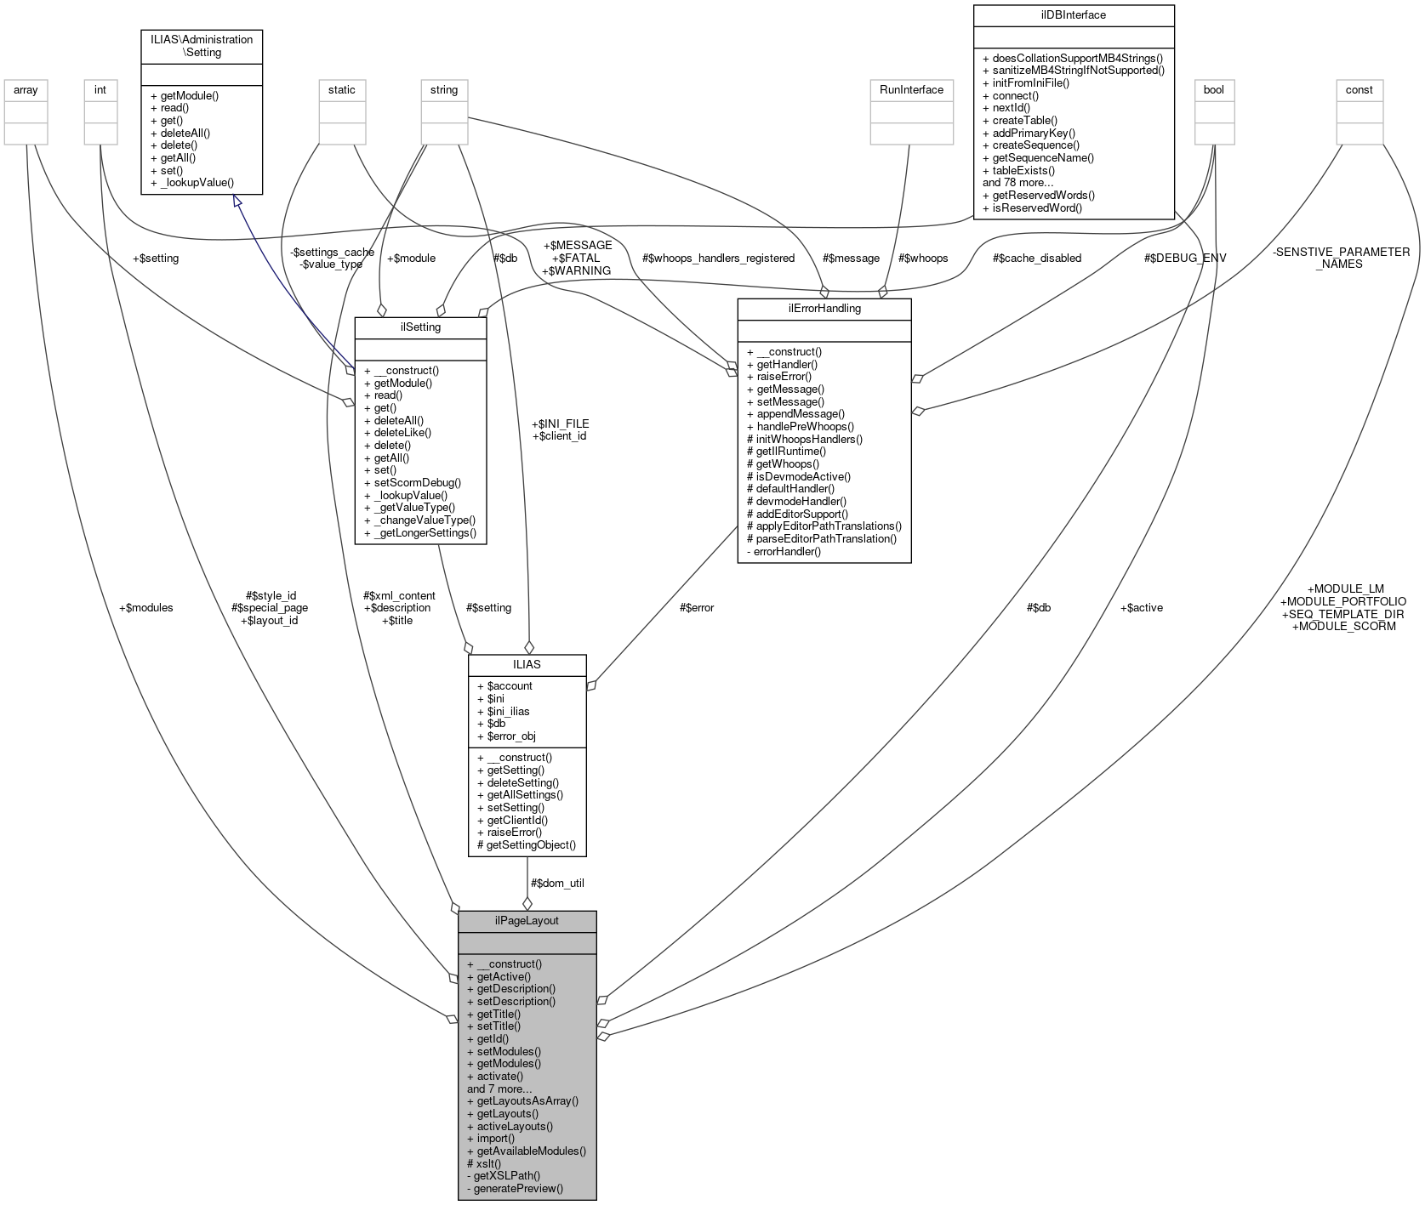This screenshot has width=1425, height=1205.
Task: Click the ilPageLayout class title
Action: pos(527,921)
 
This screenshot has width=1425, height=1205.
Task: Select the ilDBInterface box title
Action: pos(1074,14)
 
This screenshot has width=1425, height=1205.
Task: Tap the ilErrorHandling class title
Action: pos(824,308)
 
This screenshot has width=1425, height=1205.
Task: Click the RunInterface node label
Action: pos(910,89)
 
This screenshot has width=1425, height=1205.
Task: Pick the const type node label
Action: pos(1359,89)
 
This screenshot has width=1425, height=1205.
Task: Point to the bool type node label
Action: pos(1213,89)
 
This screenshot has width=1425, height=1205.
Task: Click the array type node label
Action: pos(26,89)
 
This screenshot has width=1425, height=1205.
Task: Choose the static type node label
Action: pos(342,89)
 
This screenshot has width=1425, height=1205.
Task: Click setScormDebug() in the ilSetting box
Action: pos(417,482)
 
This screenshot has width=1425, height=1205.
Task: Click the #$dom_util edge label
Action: pos(556,883)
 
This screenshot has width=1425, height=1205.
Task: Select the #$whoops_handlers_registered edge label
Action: pos(718,258)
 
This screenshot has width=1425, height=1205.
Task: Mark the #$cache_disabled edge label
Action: pos(1036,258)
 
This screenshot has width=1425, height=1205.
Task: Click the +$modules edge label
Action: pos(145,607)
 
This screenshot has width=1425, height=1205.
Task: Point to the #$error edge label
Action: pos(696,607)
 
